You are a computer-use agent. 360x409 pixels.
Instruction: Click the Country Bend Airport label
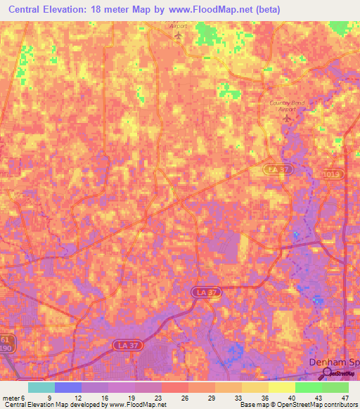click(288, 105)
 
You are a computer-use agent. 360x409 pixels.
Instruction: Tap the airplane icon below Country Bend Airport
click(287, 119)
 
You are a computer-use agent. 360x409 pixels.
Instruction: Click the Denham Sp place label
click(335, 361)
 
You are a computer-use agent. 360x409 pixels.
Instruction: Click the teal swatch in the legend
click(41, 387)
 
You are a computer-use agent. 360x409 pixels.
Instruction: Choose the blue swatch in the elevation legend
click(67, 387)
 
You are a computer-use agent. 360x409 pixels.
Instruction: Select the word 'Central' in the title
click(27, 10)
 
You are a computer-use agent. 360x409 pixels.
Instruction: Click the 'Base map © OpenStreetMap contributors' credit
click(297, 405)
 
